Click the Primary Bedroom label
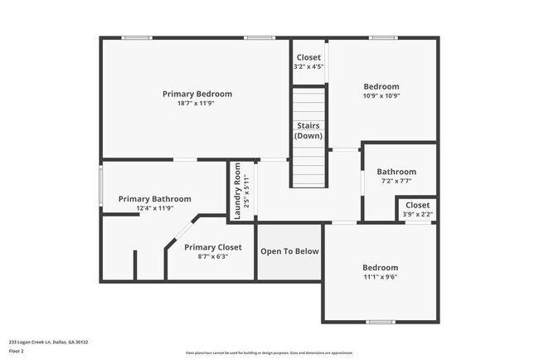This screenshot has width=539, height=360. click(197, 94)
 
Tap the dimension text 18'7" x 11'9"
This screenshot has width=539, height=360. click(197, 104)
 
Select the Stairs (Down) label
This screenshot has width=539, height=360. click(308, 130)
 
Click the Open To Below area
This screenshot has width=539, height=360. click(287, 251)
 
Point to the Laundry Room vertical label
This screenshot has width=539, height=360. click(237, 191)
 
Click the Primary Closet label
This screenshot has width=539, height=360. click(213, 247)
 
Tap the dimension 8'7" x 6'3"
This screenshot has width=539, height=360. click(213, 257)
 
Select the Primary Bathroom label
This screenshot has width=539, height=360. click(154, 199)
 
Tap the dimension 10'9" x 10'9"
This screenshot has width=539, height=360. click(381, 96)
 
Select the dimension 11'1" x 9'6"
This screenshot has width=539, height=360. click(380, 278)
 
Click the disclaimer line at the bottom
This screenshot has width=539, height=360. click(269, 353)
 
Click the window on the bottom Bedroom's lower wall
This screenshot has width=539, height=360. click(381, 321)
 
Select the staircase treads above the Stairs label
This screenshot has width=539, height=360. click(308, 104)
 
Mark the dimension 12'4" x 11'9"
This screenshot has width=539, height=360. click(154, 209)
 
